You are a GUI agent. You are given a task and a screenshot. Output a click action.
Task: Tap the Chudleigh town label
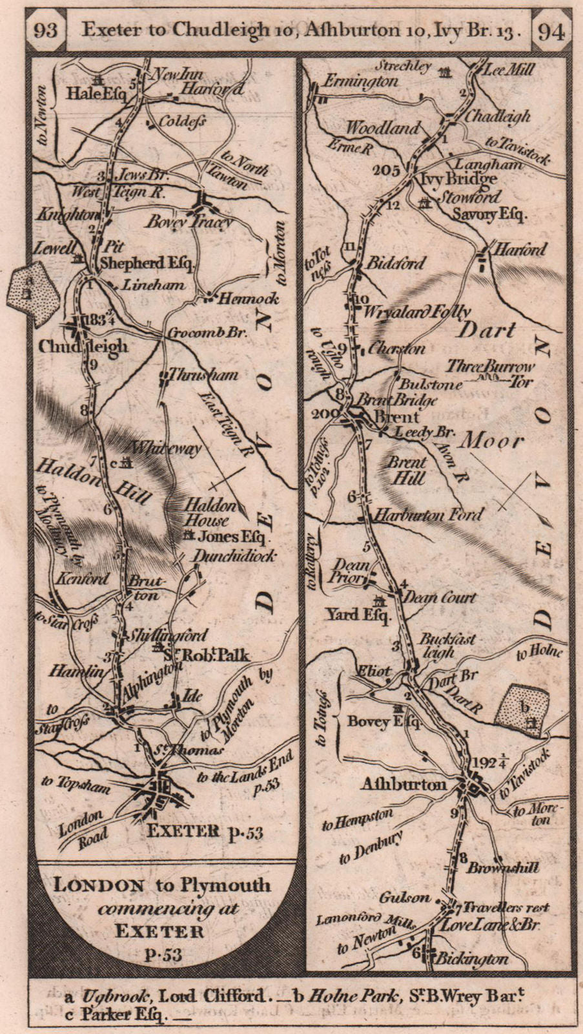pos(83,346)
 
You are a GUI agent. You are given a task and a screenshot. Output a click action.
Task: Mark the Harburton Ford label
pos(428,515)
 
